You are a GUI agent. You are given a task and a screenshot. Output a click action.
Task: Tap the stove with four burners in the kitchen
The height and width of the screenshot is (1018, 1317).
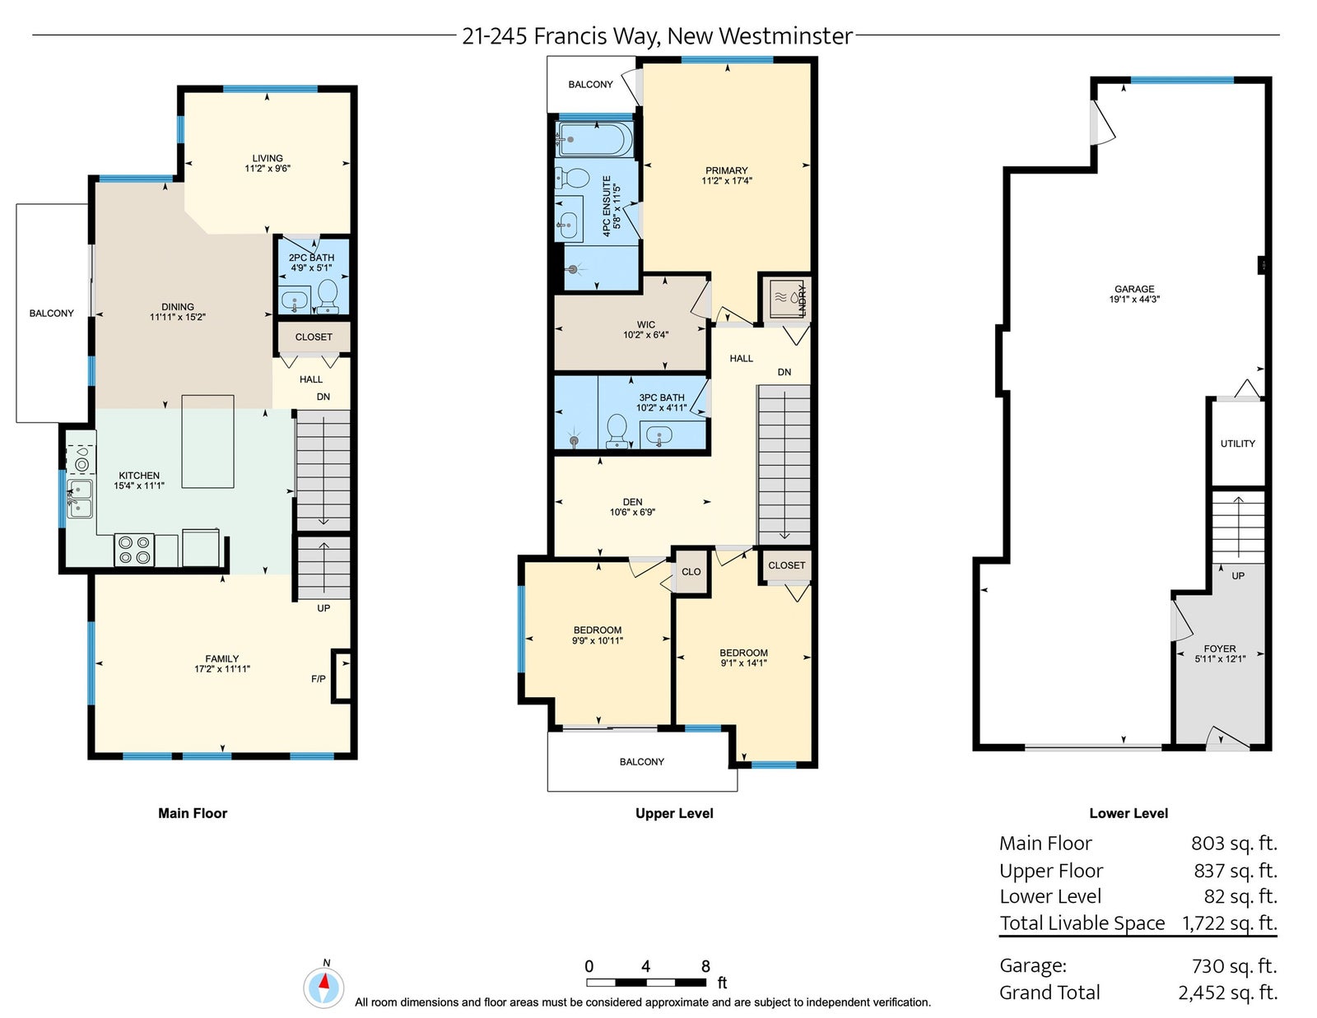[134, 551]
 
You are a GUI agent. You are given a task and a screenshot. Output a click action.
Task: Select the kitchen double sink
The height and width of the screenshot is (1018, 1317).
[79, 498]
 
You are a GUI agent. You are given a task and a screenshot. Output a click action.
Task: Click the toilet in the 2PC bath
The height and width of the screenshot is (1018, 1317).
[328, 295]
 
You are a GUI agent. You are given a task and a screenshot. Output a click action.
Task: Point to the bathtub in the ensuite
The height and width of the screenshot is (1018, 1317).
[594, 139]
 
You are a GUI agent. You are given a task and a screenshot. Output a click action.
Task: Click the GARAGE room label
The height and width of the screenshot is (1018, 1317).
[1134, 289]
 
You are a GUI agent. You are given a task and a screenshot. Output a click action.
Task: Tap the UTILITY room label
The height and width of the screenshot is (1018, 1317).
[1238, 444]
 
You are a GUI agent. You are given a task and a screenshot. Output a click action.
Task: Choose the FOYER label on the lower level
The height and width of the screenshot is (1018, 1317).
[1220, 648]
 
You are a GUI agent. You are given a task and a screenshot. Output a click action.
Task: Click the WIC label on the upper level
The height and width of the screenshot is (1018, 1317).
[646, 325]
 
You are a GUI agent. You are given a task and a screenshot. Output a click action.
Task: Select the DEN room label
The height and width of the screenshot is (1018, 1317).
[633, 502]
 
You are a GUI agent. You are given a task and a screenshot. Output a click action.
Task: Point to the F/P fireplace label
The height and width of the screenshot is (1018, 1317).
[319, 679]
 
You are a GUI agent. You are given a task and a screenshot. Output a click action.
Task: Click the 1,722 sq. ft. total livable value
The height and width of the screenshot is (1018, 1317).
[1230, 923]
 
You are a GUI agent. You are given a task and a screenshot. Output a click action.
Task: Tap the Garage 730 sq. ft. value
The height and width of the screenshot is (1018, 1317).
[1235, 965]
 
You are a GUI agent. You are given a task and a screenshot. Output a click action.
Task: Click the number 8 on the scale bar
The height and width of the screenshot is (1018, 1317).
[705, 966]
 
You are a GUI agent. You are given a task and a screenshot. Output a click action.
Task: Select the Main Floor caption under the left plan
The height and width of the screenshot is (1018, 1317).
[193, 813]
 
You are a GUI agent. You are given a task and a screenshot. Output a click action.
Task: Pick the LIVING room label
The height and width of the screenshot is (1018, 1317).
[268, 158]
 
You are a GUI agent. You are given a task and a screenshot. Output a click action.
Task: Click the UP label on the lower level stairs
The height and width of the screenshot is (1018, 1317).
[1238, 575]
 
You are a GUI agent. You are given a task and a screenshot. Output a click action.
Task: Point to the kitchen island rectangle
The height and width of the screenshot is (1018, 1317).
[208, 441]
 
